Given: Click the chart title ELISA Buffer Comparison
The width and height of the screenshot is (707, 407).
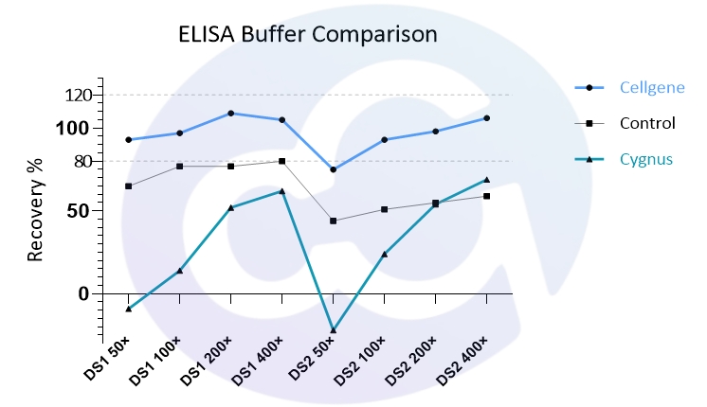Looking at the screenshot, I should (307, 35).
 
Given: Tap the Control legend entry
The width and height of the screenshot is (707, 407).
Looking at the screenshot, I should (647, 123).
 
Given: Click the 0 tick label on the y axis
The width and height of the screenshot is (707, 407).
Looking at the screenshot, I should (83, 294).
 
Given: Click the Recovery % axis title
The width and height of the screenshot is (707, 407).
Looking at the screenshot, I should (36, 210).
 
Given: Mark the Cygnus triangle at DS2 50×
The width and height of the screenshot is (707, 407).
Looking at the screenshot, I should (334, 329).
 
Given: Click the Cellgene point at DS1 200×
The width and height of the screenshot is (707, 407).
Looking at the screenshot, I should (231, 114).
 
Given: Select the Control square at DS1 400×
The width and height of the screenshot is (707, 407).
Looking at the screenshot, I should (282, 161).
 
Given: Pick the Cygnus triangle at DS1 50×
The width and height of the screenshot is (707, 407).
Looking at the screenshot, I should (129, 309).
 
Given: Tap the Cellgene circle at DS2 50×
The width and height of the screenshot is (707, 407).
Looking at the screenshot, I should (334, 169).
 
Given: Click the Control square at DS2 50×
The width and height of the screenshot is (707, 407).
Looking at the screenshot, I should (334, 221).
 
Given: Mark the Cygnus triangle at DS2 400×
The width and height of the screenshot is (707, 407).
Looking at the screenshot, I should (486, 180).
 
